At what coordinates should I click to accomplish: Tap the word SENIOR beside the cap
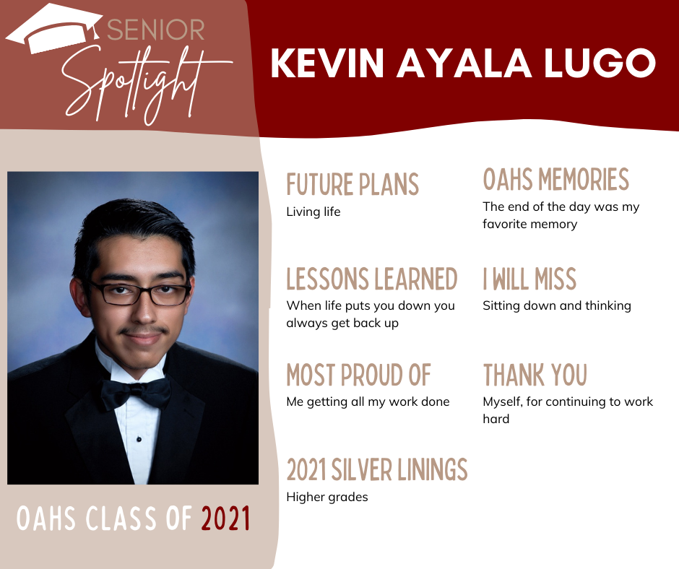point(155,30)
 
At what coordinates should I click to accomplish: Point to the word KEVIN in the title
point(328,64)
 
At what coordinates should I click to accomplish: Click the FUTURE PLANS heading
point(353,184)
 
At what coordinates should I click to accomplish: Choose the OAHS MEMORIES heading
point(555,179)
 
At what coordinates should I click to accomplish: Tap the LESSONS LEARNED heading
point(371,279)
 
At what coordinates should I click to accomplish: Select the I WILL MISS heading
point(529,279)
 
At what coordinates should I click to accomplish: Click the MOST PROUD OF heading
point(358,375)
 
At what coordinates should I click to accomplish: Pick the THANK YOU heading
point(535,375)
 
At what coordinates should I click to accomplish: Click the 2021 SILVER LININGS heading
point(377,470)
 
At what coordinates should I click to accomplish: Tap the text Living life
point(313,212)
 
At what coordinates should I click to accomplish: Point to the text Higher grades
point(327,497)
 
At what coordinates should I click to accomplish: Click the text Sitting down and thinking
point(556,306)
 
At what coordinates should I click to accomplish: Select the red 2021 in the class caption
point(225,518)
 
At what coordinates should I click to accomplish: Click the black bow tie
point(135,393)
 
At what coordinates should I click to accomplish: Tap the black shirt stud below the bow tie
point(139,439)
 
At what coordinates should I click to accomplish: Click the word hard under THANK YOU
point(496,420)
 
